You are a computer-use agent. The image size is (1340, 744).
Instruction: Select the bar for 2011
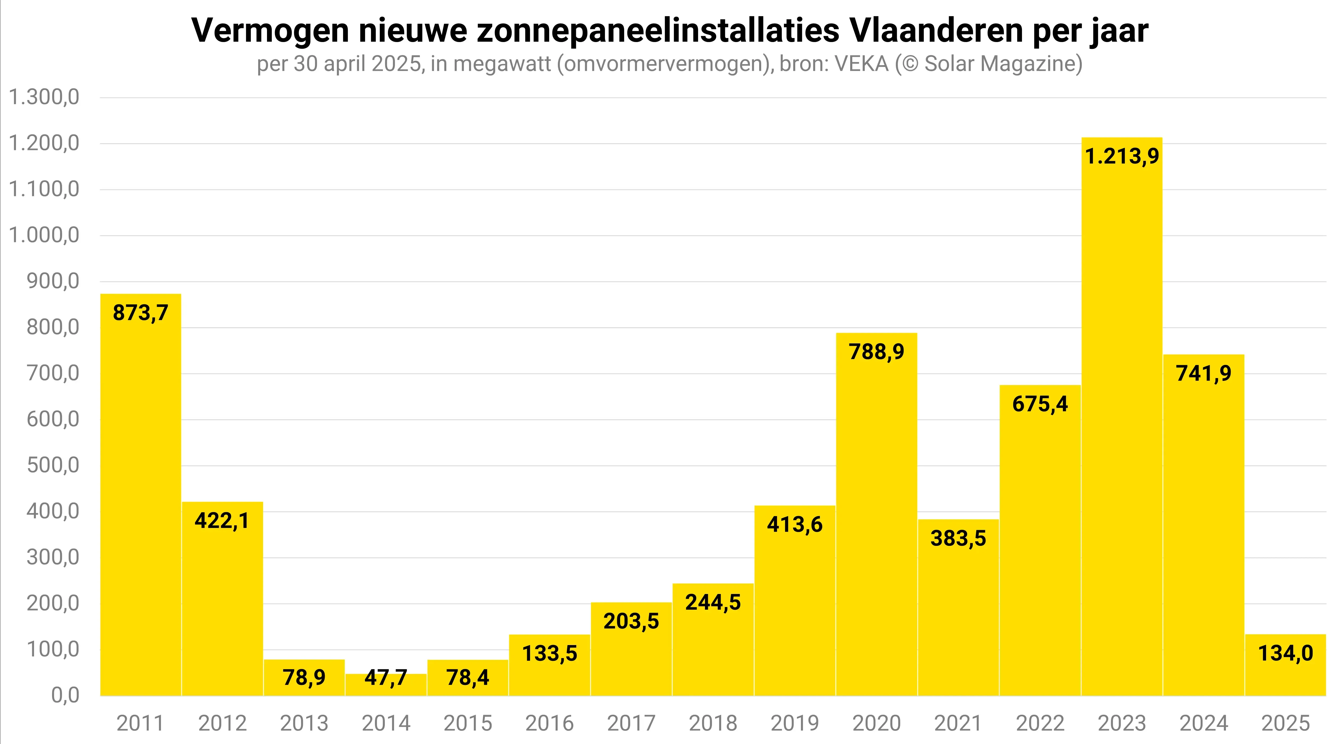(140, 494)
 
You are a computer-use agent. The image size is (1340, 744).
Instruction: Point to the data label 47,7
(386, 678)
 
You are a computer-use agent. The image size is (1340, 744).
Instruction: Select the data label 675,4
(1040, 404)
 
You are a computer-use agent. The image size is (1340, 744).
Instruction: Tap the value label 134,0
(1285, 653)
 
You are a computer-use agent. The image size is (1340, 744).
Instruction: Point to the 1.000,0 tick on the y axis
(44, 235)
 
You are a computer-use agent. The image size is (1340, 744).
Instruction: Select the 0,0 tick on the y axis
(65, 695)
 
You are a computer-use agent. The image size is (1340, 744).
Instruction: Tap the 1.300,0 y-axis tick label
(44, 97)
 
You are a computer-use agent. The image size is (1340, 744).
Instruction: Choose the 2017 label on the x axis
(631, 723)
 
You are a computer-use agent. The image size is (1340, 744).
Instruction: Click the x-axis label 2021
(958, 723)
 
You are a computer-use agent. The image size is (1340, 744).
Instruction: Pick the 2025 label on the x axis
(1285, 723)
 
